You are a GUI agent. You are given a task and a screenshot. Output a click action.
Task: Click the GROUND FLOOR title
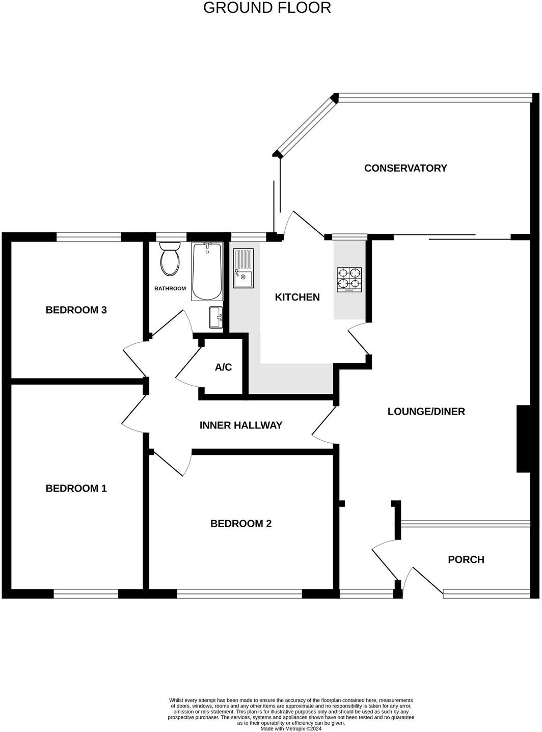point(267,8)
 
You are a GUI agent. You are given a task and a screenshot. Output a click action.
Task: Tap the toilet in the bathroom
point(170,258)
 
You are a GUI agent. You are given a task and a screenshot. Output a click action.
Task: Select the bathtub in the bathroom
point(207,272)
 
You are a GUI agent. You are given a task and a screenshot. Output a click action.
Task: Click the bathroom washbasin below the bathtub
point(216,317)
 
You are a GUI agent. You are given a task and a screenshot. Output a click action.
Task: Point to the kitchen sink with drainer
point(243,268)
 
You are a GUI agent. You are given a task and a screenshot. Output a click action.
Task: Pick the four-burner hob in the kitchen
point(349,280)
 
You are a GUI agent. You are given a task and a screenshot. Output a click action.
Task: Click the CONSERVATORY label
point(405,168)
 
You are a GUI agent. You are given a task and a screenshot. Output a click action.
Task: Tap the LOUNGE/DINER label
point(426,412)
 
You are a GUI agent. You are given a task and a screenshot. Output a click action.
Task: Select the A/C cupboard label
point(223,367)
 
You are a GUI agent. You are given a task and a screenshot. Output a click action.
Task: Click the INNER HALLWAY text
point(240,425)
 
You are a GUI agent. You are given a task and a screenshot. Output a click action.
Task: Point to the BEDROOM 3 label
point(76,310)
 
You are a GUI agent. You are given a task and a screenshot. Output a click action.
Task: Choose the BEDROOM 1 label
point(76,489)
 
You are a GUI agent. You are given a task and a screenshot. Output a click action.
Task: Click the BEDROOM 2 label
point(241,524)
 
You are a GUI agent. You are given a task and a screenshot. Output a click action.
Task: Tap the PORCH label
point(466,560)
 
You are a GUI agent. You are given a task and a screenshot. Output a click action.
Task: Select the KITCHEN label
point(297,297)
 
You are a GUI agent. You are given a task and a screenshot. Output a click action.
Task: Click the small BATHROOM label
point(170,289)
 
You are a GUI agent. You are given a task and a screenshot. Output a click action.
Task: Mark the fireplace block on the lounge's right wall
point(523,439)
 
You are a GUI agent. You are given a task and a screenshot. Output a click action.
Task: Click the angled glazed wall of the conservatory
point(306,126)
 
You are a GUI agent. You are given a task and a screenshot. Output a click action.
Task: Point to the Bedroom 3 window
point(89,236)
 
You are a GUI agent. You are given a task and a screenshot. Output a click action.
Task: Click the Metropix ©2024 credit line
point(291,729)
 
